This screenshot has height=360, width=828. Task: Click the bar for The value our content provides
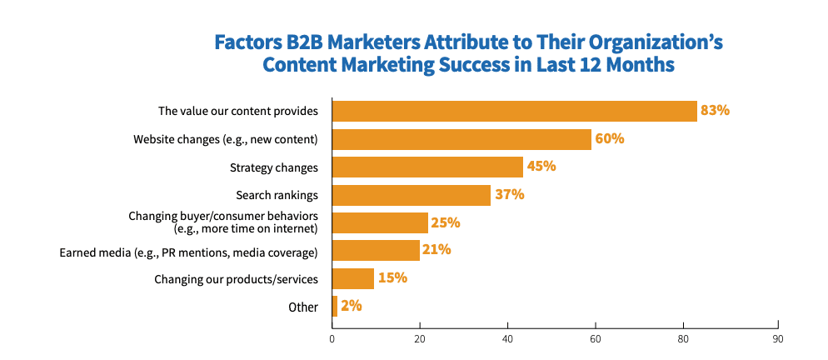tap(514, 111)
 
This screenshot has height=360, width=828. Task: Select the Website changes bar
tap(461, 139)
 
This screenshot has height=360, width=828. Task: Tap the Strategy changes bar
tap(427, 167)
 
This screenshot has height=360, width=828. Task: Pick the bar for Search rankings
tap(412, 195)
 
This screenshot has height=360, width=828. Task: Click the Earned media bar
tap(376, 250)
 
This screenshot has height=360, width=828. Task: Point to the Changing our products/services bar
tap(353, 278)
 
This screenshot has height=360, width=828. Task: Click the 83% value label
tap(715, 110)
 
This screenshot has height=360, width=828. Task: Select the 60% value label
tap(610, 138)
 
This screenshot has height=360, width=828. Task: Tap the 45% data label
tap(541, 166)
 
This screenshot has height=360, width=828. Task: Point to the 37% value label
tap(509, 194)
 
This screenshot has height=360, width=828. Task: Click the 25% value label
tap(446, 222)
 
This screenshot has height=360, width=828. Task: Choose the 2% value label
tap(351, 306)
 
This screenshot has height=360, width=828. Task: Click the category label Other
tap(303, 307)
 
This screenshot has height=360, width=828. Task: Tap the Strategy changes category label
tap(274, 167)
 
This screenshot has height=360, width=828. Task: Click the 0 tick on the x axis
tap(332, 338)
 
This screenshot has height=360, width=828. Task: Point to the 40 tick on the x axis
tap(507, 338)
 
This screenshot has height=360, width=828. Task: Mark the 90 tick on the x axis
tap(777, 338)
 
